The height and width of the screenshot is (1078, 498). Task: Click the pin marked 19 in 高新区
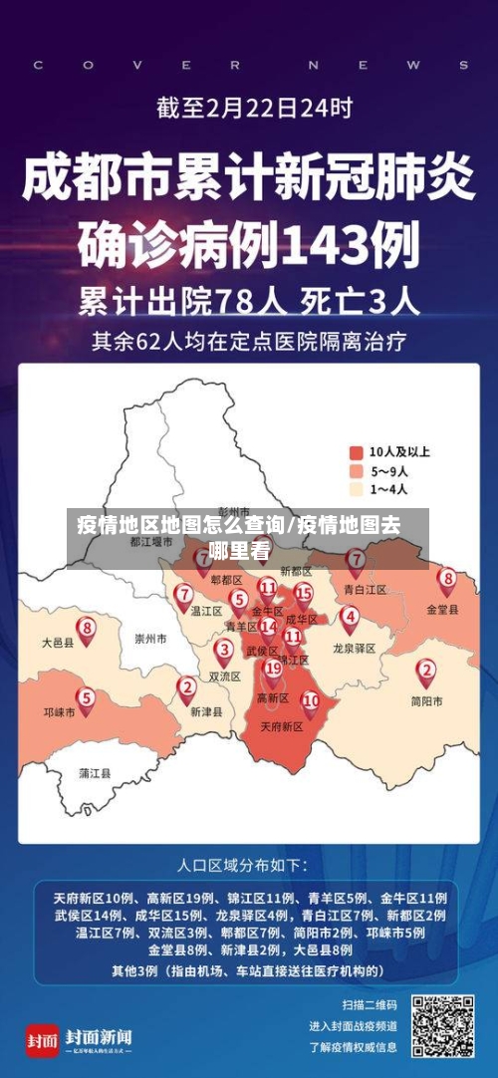(272, 669)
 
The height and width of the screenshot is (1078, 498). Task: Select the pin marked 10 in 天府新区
(311, 701)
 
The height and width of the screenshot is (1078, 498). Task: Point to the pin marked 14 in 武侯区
(267, 628)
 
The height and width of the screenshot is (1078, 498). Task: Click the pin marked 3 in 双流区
(224, 650)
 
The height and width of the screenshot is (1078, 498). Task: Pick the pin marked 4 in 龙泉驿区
(350, 617)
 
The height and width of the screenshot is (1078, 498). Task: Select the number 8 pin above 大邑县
(88, 629)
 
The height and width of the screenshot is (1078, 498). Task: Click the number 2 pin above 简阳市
(426, 671)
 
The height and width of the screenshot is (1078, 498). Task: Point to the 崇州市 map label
(149, 638)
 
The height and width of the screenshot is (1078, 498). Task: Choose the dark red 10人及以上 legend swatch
(357, 451)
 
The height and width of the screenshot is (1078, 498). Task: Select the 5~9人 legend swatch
(357, 470)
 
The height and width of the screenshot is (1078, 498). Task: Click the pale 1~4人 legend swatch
(357, 489)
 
